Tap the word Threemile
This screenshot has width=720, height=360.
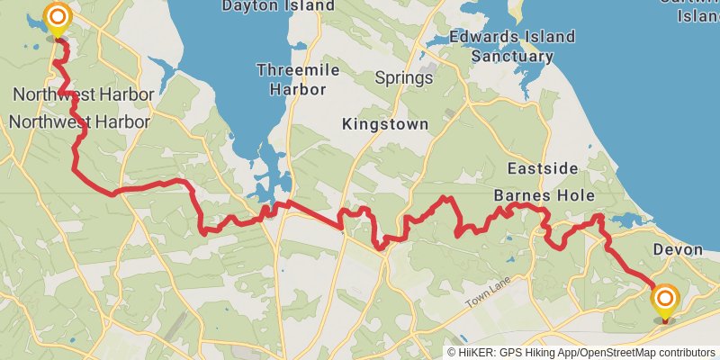tap(294, 70)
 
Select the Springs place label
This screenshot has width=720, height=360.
tap(404, 78)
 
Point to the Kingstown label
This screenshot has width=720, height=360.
tap(385, 125)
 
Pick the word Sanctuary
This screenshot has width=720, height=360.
tap(513, 56)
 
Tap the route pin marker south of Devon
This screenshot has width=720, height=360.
tap(665, 301)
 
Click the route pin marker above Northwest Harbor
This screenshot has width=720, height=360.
tap(58, 18)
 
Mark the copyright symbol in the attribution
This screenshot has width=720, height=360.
tap(453, 352)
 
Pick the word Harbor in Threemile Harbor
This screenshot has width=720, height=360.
tap(294, 90)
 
